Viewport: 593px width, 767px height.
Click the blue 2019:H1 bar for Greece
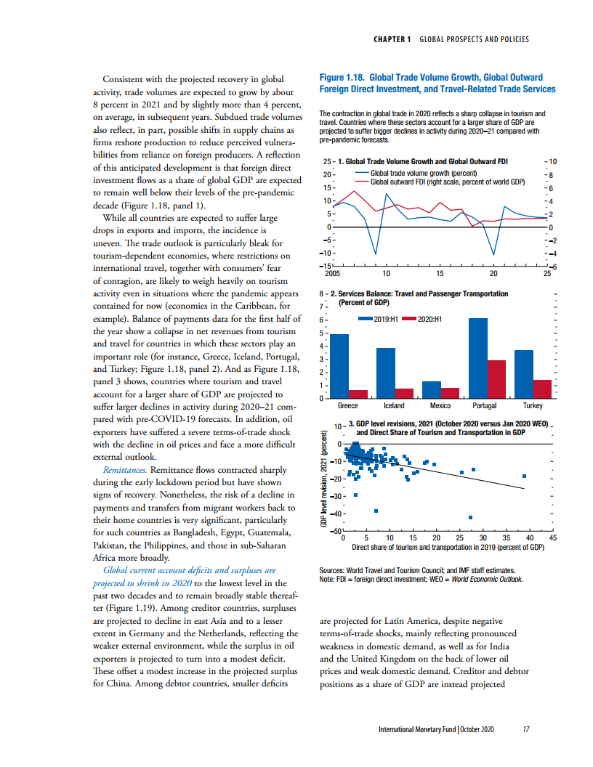tap(339, 366)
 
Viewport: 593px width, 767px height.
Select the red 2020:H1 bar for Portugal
tap(496, 379)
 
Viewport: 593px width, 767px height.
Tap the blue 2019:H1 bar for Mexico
tap(432, 389)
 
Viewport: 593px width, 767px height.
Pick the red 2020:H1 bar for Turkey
tap(542, 389)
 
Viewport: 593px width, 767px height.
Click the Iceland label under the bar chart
tap(394, 405)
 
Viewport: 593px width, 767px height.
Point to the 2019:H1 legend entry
tap(378, 319)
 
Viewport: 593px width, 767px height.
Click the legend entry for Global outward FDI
tap(440, 182)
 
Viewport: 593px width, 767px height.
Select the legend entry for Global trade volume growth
tap(416, 173)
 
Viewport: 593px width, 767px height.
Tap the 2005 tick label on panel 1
tap(333, 273)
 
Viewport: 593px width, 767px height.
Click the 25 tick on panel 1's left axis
tap(327, 161)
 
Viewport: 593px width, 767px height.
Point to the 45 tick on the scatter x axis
tap(553, 537)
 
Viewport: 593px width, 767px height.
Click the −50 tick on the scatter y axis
tap(336, 531)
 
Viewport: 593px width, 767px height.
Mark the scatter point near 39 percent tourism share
tap(524, 476)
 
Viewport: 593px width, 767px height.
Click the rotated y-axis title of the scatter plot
tap(323, 479)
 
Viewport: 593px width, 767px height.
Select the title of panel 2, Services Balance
tap(419, 298)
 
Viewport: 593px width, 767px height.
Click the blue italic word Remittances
tap(125, 470)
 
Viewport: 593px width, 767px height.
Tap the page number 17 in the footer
tap(526, 729)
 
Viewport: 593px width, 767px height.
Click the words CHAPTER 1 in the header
tap(392, 39)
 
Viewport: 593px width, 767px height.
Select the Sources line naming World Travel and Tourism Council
tap(417, 570)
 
